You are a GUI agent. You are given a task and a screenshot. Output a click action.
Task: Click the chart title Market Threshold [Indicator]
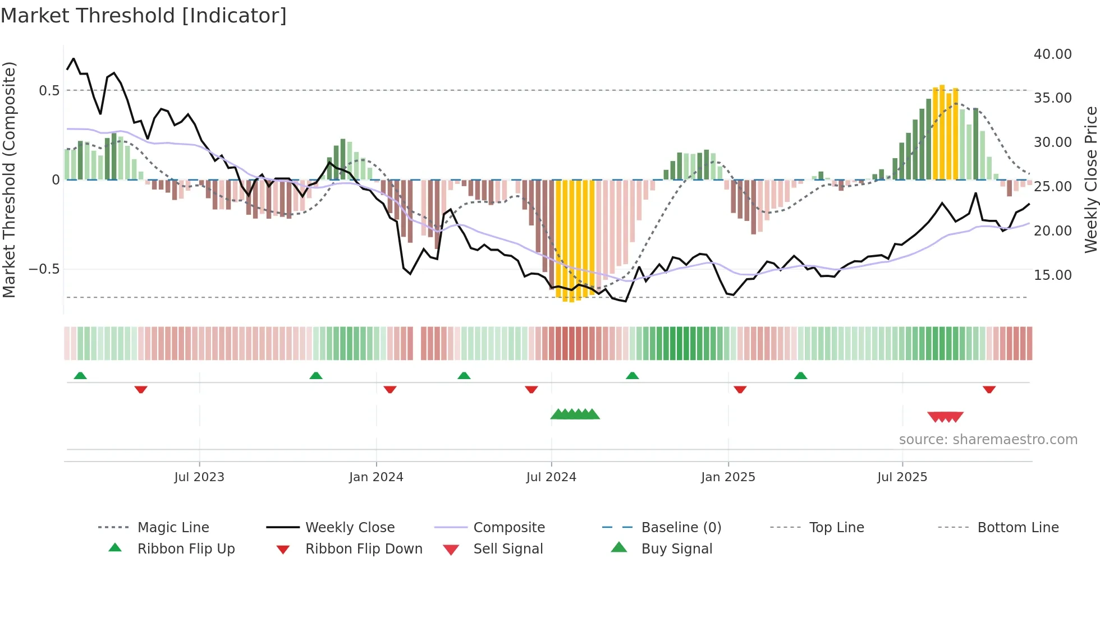click(x=144, y=16)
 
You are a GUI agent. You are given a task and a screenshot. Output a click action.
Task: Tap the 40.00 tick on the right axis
click(x=1052, y=54)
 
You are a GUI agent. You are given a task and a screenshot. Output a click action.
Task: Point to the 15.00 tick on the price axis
click(x=1052, y=275)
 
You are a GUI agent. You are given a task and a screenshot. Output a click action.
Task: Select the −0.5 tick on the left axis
click(x=44, y=269)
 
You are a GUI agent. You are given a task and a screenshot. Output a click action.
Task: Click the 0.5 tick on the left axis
click(x=49, y=90)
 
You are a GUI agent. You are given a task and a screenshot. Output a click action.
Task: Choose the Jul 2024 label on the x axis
click(x=551, y=477)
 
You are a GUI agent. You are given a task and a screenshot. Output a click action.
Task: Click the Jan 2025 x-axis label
click(x=727, y=477)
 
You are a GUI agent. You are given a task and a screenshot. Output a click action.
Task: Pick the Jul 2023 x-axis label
click(x=199, y=477)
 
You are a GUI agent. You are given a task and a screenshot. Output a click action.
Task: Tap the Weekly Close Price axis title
click(x=1090, y=179)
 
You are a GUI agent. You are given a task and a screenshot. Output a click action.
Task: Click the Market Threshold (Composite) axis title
click(x=9, y=179)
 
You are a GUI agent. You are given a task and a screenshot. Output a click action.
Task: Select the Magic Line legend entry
click(x=173, y=528)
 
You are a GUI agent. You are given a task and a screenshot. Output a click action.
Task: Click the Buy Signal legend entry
click(x=676, y=549)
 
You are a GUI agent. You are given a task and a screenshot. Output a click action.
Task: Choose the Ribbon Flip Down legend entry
click(x=363, y=549)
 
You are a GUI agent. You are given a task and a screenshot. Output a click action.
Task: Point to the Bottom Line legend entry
click(x=1017, y=528)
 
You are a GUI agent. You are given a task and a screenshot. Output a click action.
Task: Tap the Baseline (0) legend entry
click(x=681, y=528)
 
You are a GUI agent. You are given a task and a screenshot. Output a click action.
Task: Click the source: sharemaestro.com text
click(x=988, y=440)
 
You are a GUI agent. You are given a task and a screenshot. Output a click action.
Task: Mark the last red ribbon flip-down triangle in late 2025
click(x=989, y=389)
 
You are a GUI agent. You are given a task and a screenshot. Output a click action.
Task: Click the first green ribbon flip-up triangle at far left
click(x=80, y=376)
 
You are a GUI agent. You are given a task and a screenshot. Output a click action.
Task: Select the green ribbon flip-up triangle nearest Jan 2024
click(x=316, y=376)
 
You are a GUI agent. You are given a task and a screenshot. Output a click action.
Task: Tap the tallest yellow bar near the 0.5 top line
click(x=942, y=132)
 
